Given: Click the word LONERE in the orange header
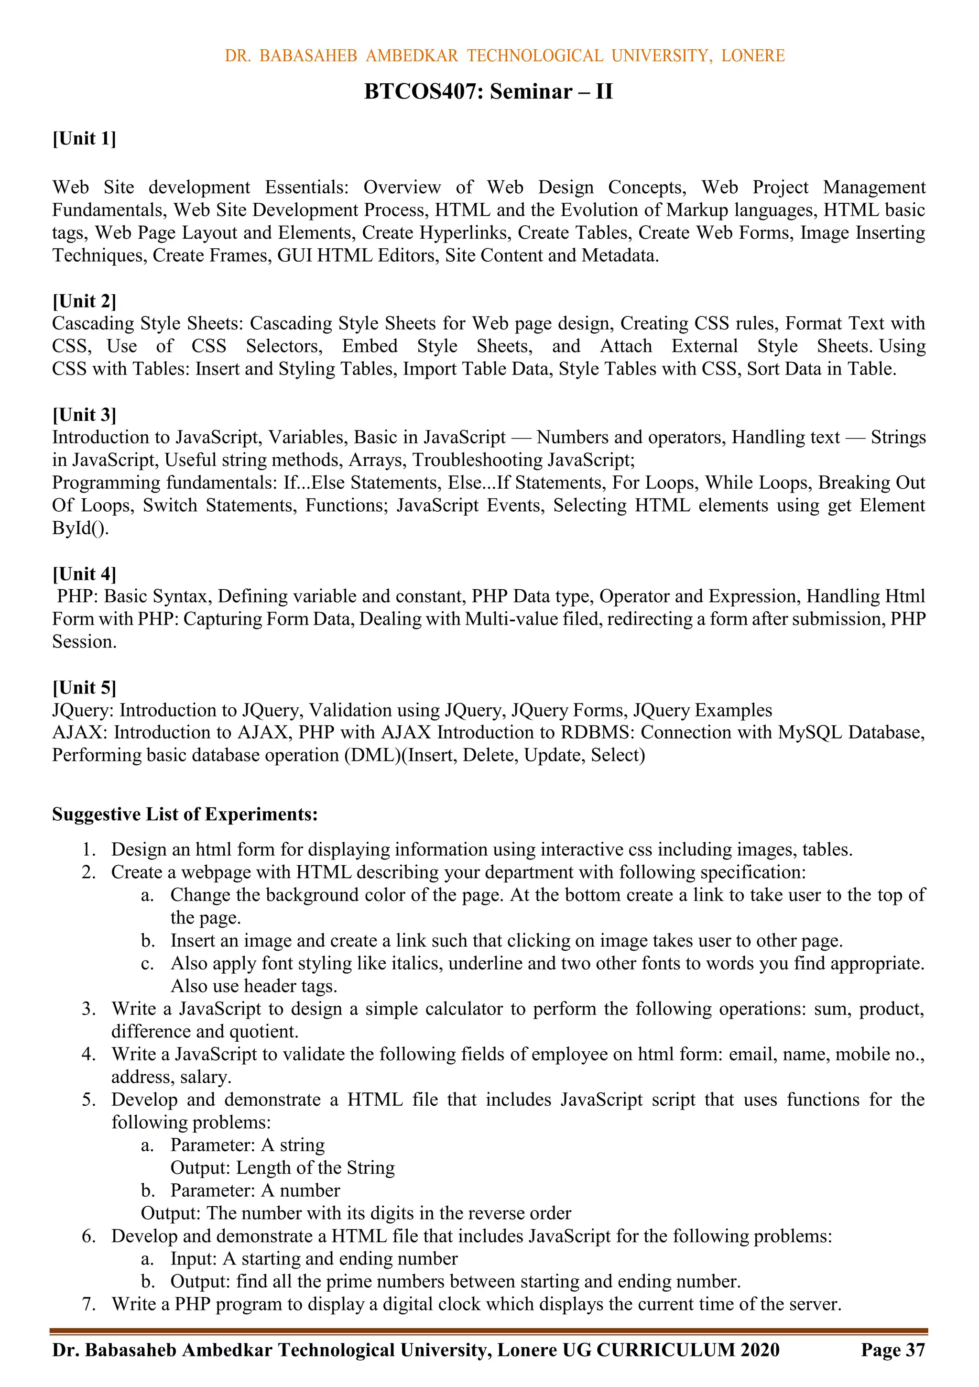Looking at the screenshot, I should tap(752, 56).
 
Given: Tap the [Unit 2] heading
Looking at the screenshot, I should tap(84, 301).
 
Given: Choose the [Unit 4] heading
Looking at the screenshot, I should tap(84, 573).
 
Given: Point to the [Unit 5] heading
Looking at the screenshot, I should tap(84, 687).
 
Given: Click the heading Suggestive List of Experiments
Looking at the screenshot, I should tap(185, 815).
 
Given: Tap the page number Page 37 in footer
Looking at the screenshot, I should tap(892, 1350).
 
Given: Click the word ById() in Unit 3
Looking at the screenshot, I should tap(80, 528).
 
